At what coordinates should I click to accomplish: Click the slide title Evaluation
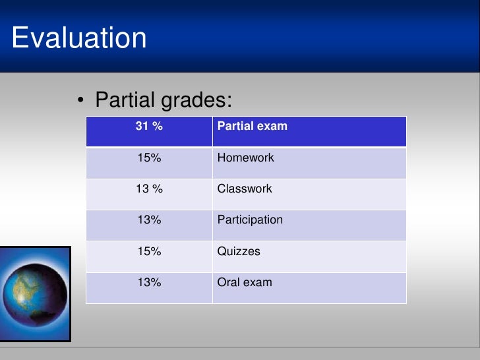(x=79, y=38)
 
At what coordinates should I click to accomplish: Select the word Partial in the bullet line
(x=126, y=101)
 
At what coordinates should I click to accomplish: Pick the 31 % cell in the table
(x=149, y=126)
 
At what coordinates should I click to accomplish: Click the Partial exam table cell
(x=252, y=126)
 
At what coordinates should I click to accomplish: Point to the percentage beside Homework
(x=149, y=158)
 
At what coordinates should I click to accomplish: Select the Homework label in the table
(x=245, y=158)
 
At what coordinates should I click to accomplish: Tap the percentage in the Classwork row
(x=149, y=189)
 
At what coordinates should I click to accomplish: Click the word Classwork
(x=245, y=189)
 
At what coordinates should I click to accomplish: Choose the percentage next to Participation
(x=149, y=220)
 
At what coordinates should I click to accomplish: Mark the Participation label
(x=250, y=220)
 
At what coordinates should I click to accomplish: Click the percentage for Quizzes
(x=149, y=251)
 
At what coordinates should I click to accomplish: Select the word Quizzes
(x=239, y=251)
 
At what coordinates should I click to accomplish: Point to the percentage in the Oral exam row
(x=149, y=282)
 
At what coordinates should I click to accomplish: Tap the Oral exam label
(x=245, y=282)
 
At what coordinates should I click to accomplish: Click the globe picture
(x=34, y=294)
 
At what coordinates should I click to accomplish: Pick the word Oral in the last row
(x=228, y=282)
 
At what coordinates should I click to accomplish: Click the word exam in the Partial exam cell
(x=274, y=126)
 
